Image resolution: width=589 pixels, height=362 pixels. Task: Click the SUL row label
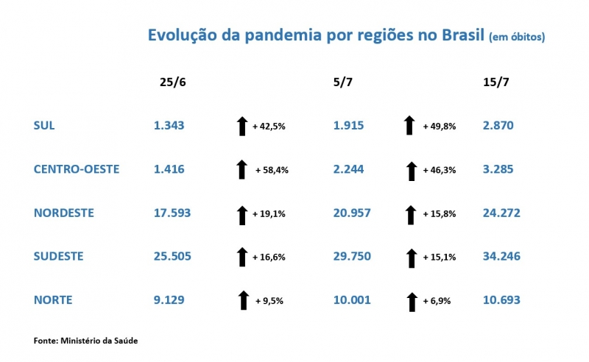click(x=44, y=126)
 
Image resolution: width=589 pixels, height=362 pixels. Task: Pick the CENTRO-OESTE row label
click(x=77, y=169)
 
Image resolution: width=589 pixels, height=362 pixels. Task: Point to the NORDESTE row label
click(x=64, y=213)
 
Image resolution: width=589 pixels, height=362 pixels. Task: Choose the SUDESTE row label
click(x=59, y=256)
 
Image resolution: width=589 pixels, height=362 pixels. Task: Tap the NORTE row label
click(x=52, y=299)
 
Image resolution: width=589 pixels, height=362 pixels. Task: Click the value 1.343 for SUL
click(x=169, y=126)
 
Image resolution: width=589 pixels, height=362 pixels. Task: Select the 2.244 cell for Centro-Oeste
click(x=348, y=169)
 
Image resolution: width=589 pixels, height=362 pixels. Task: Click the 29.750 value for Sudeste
click(x=351, y=256)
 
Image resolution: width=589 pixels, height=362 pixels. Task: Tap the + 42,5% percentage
click(x=269, y=127)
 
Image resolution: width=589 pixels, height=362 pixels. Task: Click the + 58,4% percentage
click(x=272, y=170)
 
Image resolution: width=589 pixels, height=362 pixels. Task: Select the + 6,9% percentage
click(x=437, y=300)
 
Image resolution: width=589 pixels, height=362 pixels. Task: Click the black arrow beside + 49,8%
click(x=410, y=126)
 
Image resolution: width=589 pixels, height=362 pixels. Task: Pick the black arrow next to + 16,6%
click(x=241, y=257)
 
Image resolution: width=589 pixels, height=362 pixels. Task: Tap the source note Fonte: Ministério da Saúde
click(x=85, y=341)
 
